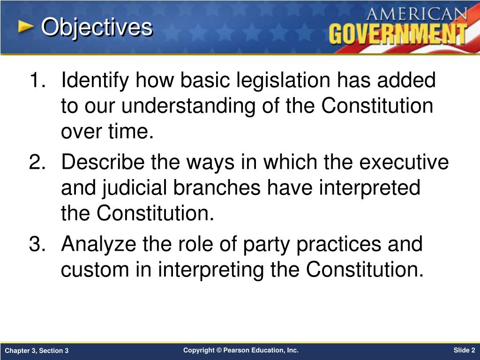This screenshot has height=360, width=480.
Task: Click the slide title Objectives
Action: [x=97, y=28]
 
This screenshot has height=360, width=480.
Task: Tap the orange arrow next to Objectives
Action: [x=26, y=27]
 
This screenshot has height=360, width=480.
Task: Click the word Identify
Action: [x=96, y=81]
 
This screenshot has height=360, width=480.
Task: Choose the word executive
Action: [x=404, y=163]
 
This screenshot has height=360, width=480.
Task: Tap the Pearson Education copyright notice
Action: [x=240, y=350]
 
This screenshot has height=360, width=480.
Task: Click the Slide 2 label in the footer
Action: [x=464, y=350]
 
